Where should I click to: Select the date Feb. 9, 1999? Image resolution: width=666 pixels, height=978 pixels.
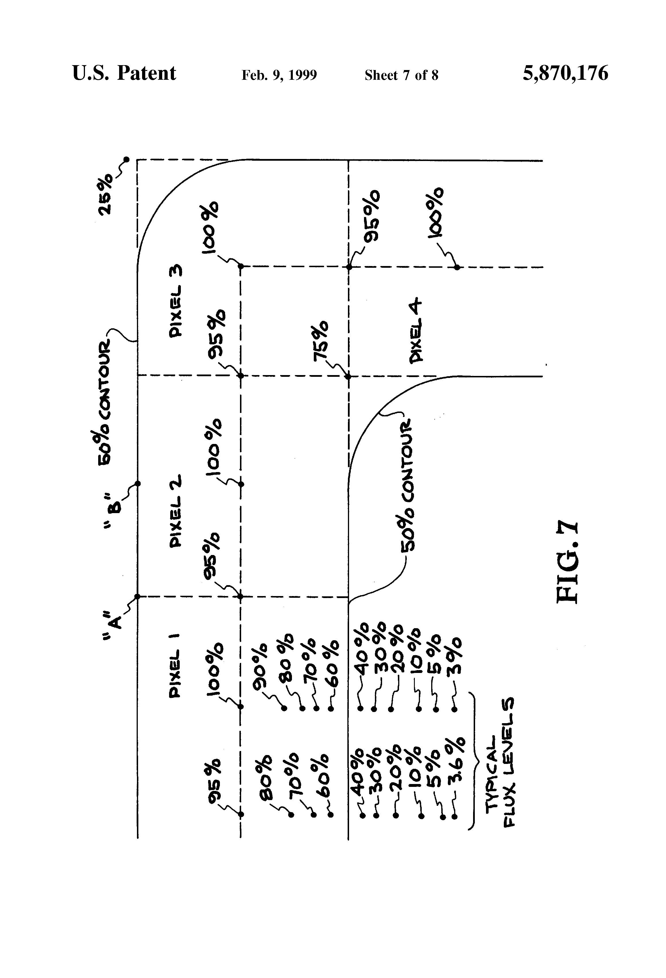pos(279,75)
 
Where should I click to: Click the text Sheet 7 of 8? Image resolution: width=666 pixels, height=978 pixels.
pos(401,75)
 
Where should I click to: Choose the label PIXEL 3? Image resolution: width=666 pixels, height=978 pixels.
pos(176,300)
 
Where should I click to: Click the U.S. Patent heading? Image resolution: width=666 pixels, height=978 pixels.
pos(124,73)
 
